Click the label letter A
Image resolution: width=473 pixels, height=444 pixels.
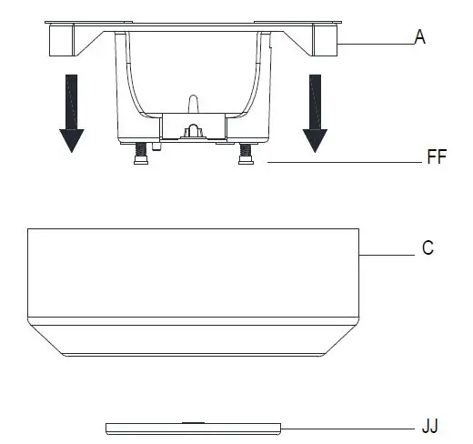tap(419, 37)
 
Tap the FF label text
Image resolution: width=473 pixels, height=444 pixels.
tap(437, 156)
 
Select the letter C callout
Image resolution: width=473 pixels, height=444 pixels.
tap(428, 247)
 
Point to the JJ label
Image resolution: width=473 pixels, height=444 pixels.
tap(430, 426)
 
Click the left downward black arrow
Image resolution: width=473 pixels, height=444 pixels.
tap(72, 114)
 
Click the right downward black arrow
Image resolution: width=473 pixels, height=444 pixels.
tap(315, 114)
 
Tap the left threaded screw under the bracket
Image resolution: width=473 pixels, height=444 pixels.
tap(141, 154)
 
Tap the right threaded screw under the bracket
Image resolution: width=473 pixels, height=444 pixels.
tap(246, 154)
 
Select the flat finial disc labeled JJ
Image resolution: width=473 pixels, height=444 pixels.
tap(193, 429)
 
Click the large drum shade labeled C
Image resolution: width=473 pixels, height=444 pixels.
tap(194, 292)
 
